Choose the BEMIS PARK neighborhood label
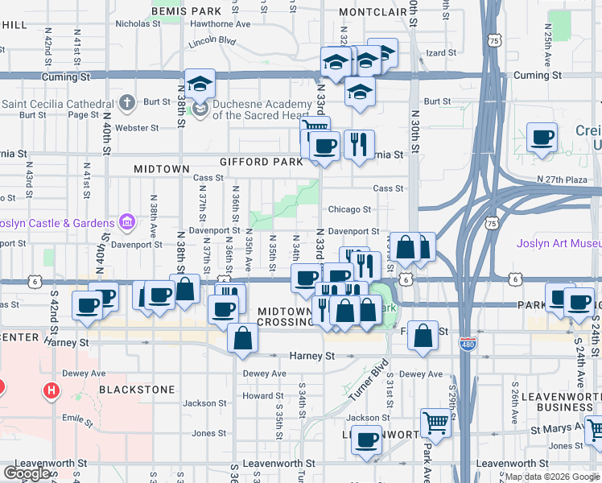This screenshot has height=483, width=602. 185,12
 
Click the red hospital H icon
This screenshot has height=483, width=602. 52,392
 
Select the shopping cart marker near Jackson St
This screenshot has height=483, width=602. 435,421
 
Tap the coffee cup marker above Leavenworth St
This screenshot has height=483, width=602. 367,440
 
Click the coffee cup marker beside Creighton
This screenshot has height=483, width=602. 542,136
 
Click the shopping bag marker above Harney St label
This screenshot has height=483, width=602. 242,338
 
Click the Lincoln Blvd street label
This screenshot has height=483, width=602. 212,40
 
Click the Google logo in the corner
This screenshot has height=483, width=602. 27,473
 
